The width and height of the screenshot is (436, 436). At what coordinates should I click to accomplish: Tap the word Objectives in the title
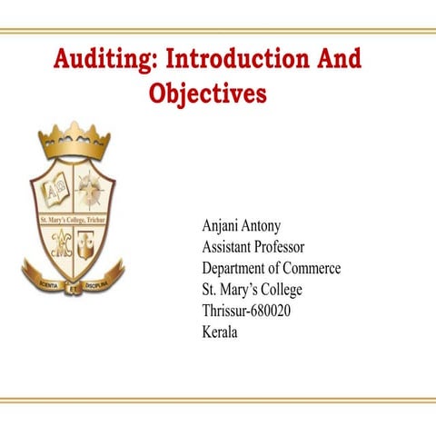point(207,94)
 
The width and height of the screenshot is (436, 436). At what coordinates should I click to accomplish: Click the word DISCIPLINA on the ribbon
point(98,284)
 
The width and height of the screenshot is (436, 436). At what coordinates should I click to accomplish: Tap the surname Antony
point(263,226)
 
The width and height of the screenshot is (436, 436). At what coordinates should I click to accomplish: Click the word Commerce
point(312,269)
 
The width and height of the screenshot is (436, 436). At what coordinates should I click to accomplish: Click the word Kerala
point(219,332)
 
